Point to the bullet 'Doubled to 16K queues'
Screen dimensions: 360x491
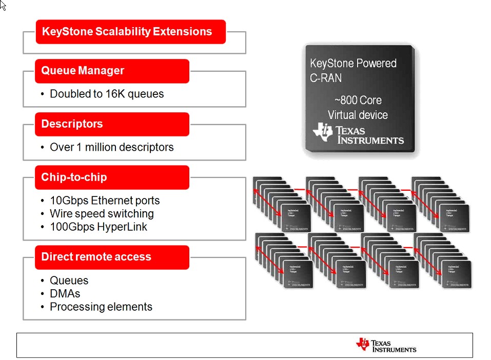tap(107, 94)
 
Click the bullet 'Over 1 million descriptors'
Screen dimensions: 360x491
tap(111, 147)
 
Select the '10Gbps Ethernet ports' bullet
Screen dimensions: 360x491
tap(105, 201)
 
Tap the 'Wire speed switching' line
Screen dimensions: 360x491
tap(102, 214)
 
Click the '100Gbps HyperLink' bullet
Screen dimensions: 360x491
tap(98, 227)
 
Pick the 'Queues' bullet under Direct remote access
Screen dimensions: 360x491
tap(69, 281)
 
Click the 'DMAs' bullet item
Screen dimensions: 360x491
tap(65, 294)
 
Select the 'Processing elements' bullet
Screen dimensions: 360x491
tap(101, 307)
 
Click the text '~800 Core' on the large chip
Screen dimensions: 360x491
tap(358, 100)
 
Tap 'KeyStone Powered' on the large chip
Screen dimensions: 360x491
tap(353, 64)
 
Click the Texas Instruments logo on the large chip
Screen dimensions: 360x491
tap(358, 134)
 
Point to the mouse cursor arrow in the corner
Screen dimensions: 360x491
tap(3, 5)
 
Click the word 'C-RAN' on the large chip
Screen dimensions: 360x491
tap(326, 78)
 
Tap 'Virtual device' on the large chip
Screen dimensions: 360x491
tap(358, 115)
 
